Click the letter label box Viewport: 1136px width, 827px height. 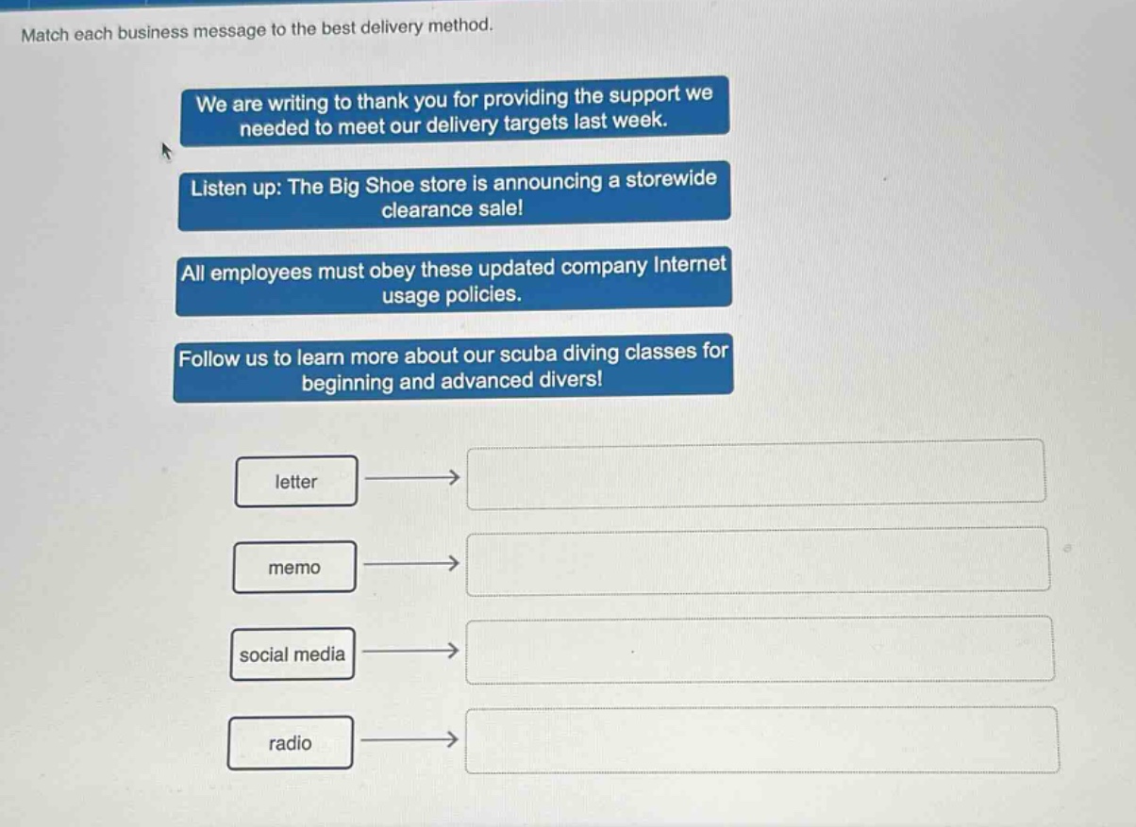point(296,481)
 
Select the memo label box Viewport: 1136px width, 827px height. point(294,567)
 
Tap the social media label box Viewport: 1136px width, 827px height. point(292,653)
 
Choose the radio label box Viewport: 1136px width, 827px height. point(290,743)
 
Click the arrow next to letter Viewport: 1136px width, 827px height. point(412,477)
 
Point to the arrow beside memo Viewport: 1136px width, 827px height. point(411,563)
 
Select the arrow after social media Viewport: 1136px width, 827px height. point(410,651)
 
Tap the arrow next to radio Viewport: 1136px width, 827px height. point(409,739)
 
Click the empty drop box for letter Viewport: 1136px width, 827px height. point(756,474)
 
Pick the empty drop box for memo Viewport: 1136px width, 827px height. point(759,561)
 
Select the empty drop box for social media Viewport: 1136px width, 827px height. point(760,650)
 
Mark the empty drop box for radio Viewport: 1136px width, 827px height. point(762,740)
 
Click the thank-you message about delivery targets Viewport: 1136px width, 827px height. point(455,111)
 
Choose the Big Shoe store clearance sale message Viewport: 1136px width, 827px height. point(455,195)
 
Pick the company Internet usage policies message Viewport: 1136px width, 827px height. point(454,281)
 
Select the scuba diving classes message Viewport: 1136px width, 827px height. point(454,368)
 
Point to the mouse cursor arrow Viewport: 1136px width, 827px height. point(166,151)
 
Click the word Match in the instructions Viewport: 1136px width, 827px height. point(44,35)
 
